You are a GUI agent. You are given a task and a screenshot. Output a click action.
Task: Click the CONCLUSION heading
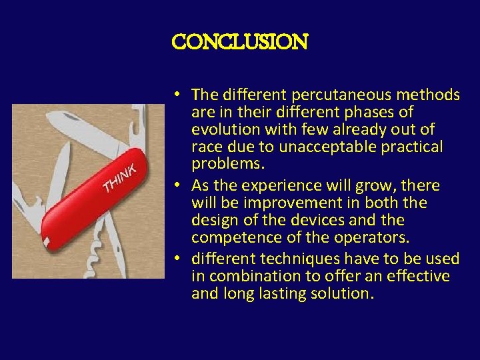point(239,43)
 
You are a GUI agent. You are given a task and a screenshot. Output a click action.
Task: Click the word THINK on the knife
point(121,176)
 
